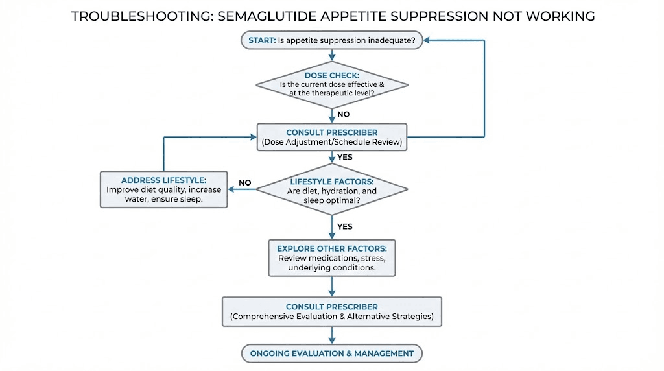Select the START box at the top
pyautogui.click(x=332, y=40)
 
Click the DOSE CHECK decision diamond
pyautogui.click(x=332, y=84)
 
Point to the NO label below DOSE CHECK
pyautogui.click(x=343, y=114)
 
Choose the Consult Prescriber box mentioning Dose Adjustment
pyautogui.click(x=332, y=137)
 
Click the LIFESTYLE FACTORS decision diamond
pyautogui.click(x=332, y=190)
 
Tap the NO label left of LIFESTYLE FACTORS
pyautogui.click(x=244, y=183)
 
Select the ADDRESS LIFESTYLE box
pyautogui.click(x=163, y=189)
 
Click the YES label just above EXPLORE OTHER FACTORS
pyautogui.click(x=345, y=226)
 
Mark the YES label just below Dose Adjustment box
pyautogui.click(x=345, y=157)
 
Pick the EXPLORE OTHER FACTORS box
pyautogui.click(x=332, y=258)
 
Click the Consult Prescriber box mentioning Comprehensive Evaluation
pyautogui.click(x=332, y=312)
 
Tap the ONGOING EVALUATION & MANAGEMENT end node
pyautogui.click(x=332, y=353)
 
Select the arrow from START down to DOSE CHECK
pyautogui.click(x=332, y=55)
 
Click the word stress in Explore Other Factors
pyautogui.click(x=372, y=258)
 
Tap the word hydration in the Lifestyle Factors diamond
pyautogui.click(x=348, y=191)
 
